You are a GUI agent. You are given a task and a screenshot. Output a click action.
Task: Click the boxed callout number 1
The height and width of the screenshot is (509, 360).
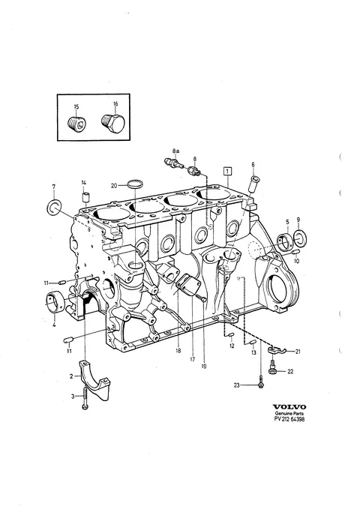click(228, 170)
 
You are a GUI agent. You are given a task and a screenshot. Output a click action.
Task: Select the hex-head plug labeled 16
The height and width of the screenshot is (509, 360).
click(113, 123)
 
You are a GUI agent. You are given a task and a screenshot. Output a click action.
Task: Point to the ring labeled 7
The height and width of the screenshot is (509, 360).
click(53, 207)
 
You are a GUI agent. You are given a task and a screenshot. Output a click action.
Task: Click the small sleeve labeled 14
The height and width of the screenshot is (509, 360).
click(85, 197)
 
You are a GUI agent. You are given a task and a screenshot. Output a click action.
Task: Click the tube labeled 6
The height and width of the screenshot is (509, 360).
click(253, 184)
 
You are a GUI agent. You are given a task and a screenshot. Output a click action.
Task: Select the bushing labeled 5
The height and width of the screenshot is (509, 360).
click(285, 242)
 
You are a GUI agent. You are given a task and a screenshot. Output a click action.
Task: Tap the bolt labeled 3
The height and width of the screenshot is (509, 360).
click(85, 398)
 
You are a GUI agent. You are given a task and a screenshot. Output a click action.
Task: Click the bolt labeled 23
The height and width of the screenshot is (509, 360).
click(260, 381)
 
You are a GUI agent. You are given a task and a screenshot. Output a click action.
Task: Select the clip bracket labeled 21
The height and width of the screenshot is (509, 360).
click(276, 349)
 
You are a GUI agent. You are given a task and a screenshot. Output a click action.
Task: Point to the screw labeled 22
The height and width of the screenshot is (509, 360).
click(273, 367)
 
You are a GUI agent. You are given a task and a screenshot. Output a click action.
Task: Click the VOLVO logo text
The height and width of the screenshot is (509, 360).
click(289, 407)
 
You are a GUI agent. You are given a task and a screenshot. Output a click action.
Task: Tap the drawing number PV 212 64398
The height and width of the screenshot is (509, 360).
click(289, 419)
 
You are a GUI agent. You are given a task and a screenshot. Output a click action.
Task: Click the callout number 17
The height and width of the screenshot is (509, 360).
click(192, 359)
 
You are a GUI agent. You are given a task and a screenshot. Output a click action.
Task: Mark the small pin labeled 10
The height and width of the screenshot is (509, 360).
click(296, 252)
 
